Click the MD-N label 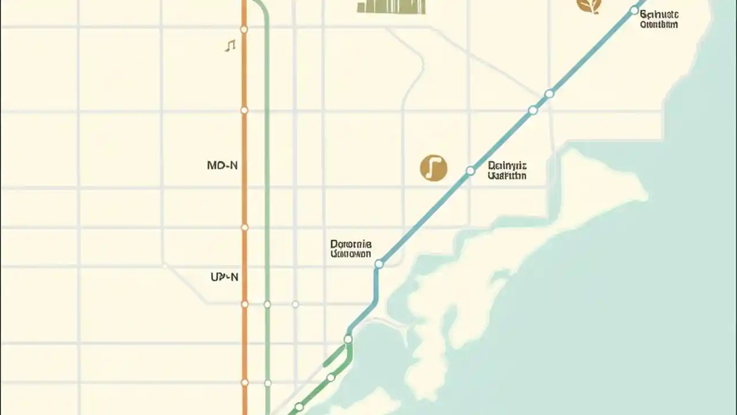coord(222,165)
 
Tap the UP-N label coord(224,277)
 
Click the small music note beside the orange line coord(230,45)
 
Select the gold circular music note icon coord(434,168)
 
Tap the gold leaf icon coord(589,5)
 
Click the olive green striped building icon coord(391,6)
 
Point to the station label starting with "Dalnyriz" coord(507,171)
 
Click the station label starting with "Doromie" coord(351,248)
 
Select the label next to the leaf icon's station coord(659,18)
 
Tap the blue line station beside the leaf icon coord(635,10)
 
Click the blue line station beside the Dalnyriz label coord(470,171)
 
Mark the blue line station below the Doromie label coord(379,264)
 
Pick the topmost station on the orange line coord(244,29)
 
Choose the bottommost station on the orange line coord(244,382)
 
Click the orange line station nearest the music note coord(244,29)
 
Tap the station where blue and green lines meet coord(348,339)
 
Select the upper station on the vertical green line coord(267,304)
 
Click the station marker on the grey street coord(295,304)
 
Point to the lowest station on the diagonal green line coord(299,407)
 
